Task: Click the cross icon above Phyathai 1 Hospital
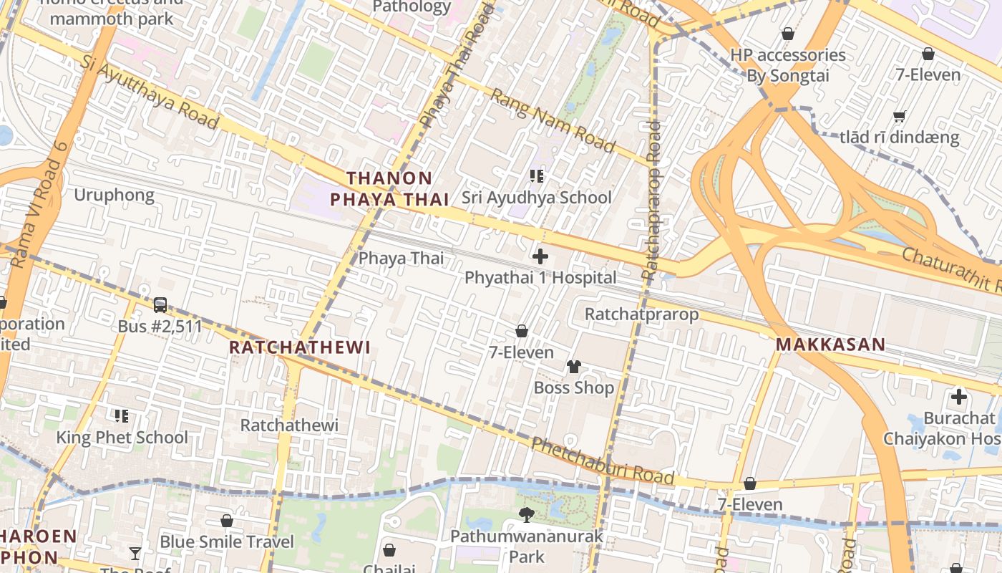pyautogui.click(x=540, y=256)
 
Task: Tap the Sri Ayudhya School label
pyautogui.click(x=536, y=197)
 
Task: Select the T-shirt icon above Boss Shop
pyautogui.click(x=574, y=367)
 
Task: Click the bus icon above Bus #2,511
pyautogui.click(x=160, y=305)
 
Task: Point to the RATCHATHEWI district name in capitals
pyautogui.click(x=299, y=347)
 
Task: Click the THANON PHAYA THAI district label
pyautogui.click(x=389, y=189)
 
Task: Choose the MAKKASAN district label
pyautogui.click(x=830, y=345)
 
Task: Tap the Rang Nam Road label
pyautogui.click(x=553, y=120)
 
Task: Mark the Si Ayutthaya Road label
pyautogui.click(x=149, y=93)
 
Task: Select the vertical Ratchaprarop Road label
pyautogui.click(x=652, y=201)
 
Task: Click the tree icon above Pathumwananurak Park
pyautogui.click(x=527, y=514)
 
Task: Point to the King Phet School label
pyautogui.click(x=122, y=437)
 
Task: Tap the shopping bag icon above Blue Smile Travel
pyautogui.click(x=227, y=521)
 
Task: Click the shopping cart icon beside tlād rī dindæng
pyautogui.click(x=900, y=116)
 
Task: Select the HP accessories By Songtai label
pyautogui.click(x=787, y=65)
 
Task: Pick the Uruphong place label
pyautogui.click(x=114, y=195)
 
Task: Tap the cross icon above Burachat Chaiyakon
pyautogui.click(x=958, y=396)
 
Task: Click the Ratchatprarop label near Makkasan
pyautogui.click(x=641, y=314)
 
